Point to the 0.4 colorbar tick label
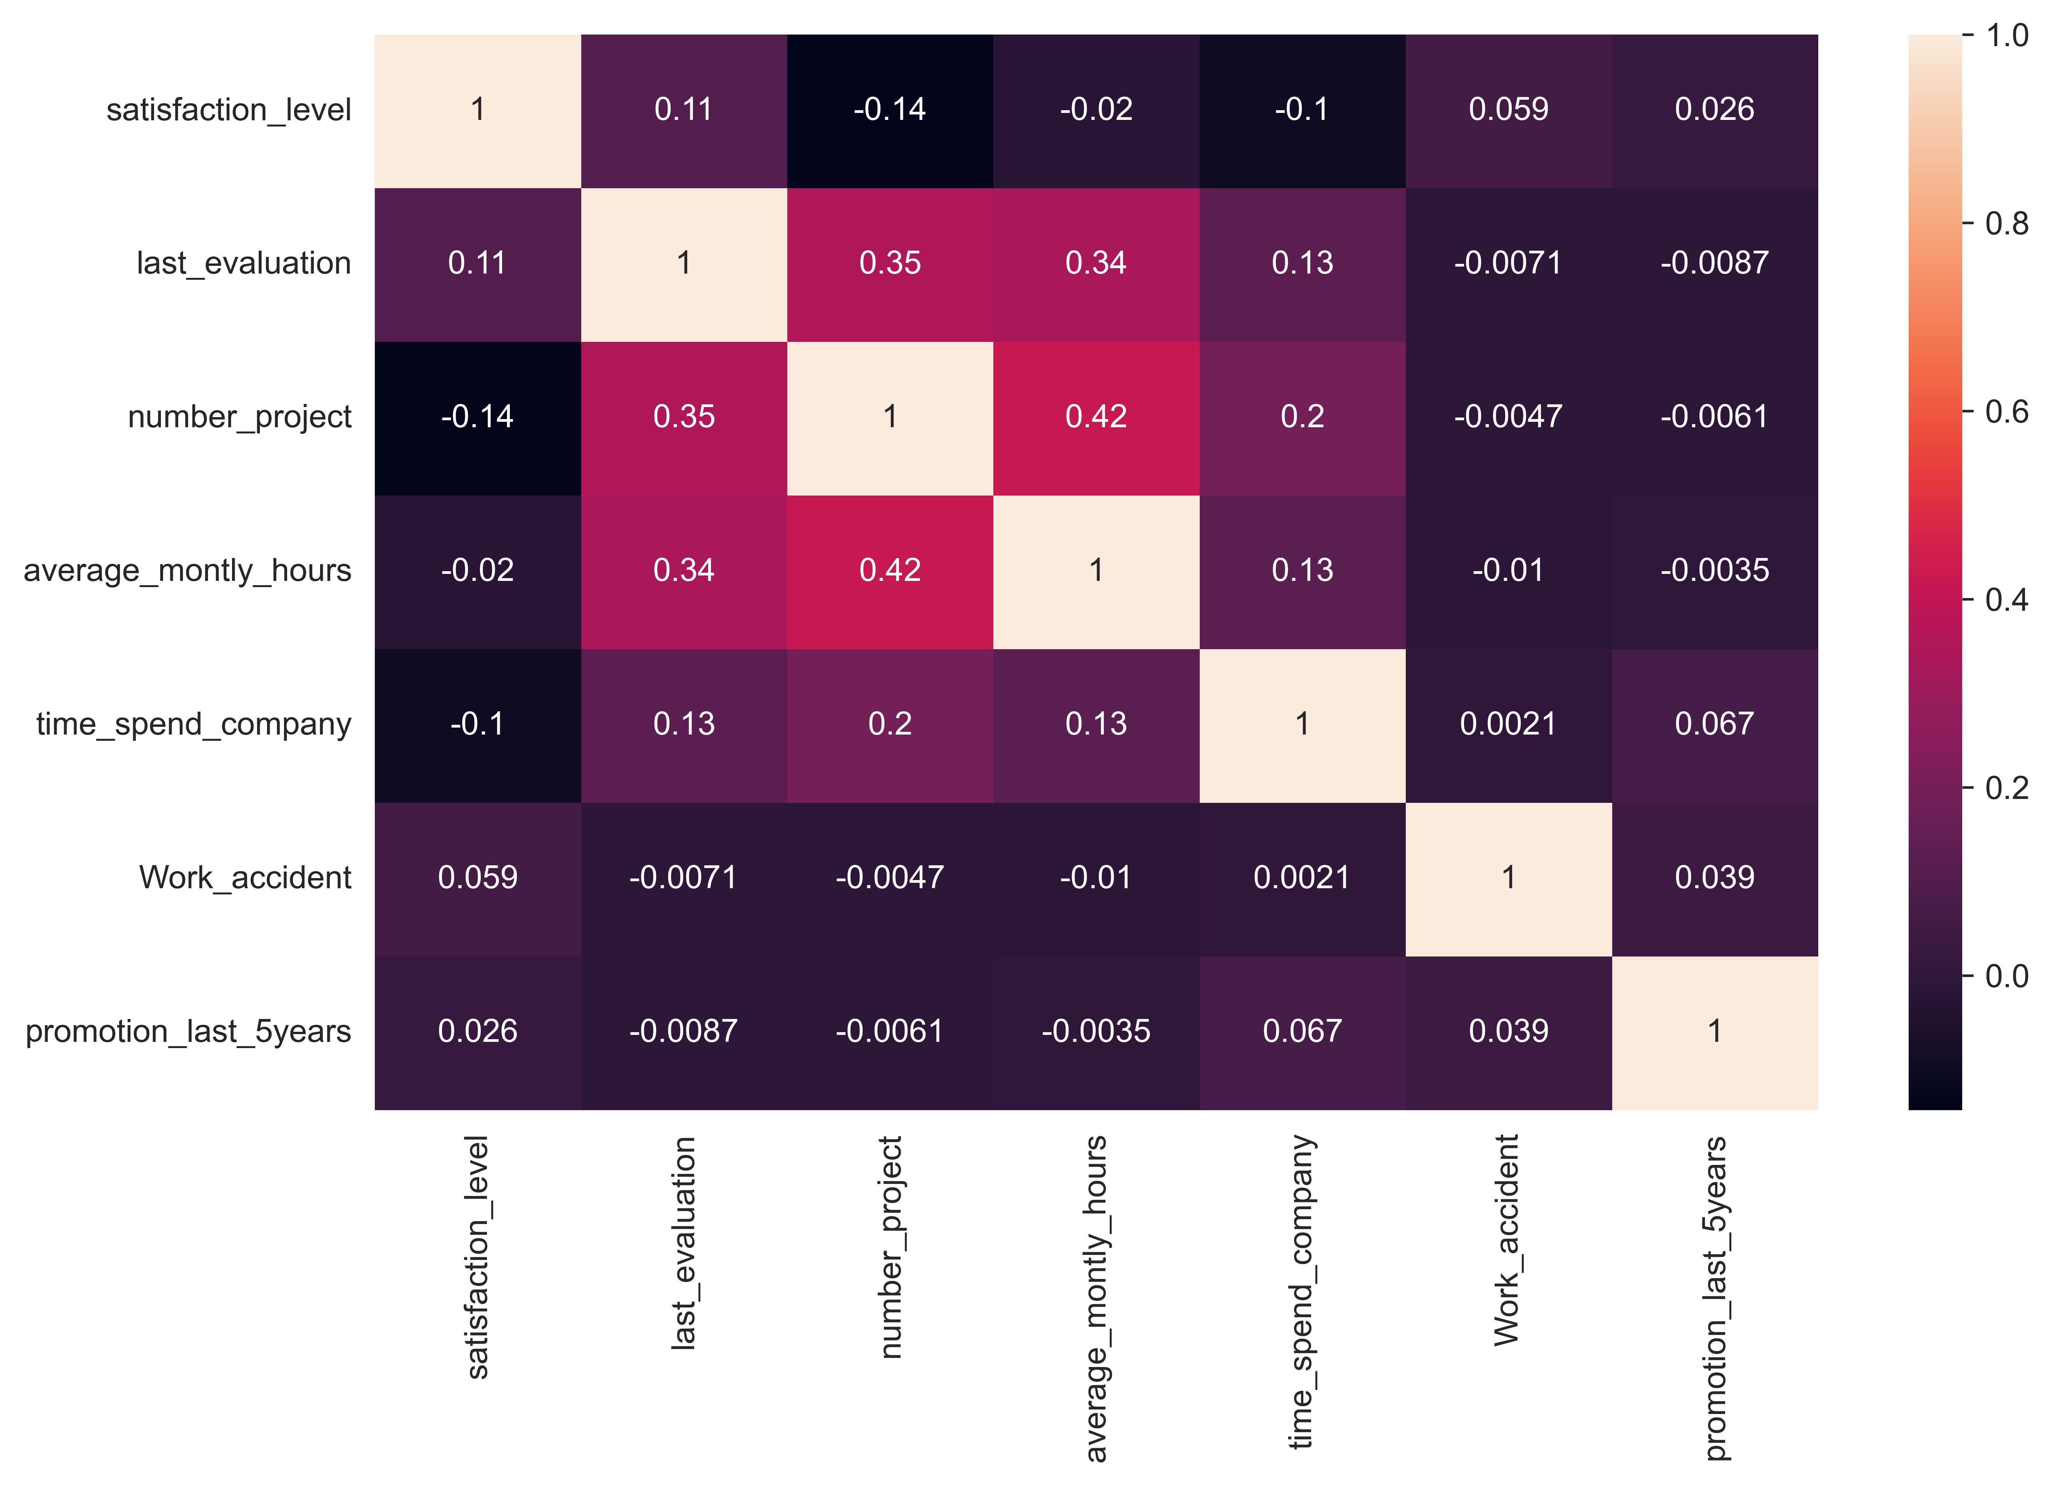pyautogui.click(x=2006, y=600)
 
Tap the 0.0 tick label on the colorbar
pyautogui.click(x=2006, y=976)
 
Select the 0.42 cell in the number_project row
pyautogui.click(x=1096, y=418)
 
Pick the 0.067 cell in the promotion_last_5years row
pyautogui.click(x=1303, y=1033)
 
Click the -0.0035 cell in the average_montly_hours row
pyautogui.click(x=1715, y=572)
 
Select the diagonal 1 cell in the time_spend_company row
pyautogui.click(x=1303, y=726)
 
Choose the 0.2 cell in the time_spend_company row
pyautogui.click(x=890, y=726)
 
